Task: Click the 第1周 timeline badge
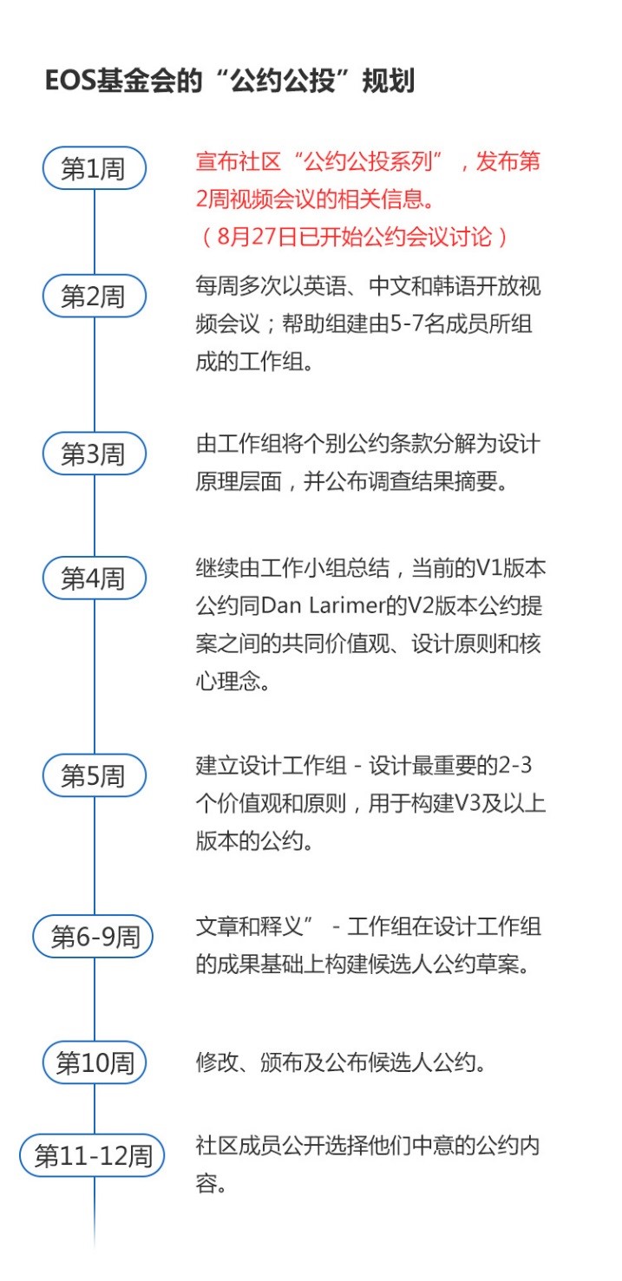[x=95, y=168]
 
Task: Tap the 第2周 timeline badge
[x=95, y=297]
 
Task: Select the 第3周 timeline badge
[x=95, y=454]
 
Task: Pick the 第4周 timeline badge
[x=95, y=578]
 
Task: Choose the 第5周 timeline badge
[x=95, y=775]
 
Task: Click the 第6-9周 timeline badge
[x=94, y=937]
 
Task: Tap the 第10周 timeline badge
[x=95, y=1062]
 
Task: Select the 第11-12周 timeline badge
[x=92, y=1155]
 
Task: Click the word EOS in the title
[x=69, y=81]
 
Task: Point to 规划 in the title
[x=389, y=81]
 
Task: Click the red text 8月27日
[x=258, y=237]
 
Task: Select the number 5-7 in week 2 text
[x=407, y=324]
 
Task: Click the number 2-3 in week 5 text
[x=515, y=765]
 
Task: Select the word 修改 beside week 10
[x=218, y=1062]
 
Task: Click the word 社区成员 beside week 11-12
[x=239, y=1146]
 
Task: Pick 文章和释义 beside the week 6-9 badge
[x=249, y=926]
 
